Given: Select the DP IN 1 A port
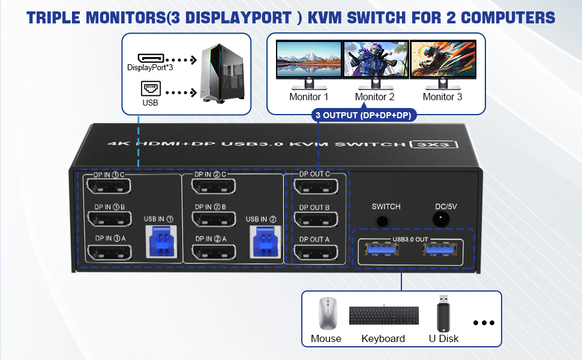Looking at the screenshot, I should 109,251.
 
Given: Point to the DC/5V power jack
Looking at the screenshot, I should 442,220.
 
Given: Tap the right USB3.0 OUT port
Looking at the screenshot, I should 441,251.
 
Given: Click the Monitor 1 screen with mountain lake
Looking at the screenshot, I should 308,59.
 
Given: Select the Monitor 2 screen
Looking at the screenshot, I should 376,59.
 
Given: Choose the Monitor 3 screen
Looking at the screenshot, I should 443,59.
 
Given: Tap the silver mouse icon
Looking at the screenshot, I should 327,313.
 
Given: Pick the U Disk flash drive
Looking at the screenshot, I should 443,313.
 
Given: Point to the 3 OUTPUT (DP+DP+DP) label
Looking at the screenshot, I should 364,115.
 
